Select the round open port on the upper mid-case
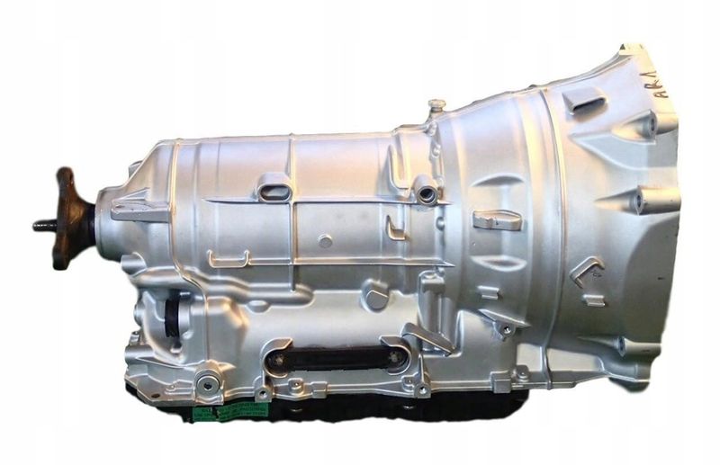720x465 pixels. point(426,192)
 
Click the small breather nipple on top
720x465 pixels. point(436,106)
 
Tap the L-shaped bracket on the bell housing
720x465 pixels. point(586,267)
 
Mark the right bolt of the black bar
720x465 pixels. point(393,359)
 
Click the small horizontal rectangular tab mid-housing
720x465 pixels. point(497,219)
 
